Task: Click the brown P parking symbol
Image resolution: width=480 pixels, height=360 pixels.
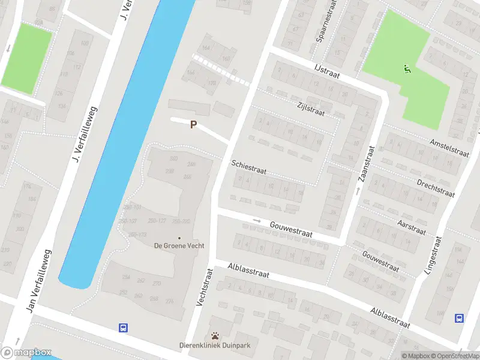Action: (x=193, y=125)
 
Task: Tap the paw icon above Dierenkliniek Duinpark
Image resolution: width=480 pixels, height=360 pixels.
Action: (x=215, y=335)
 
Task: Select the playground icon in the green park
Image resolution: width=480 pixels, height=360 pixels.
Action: (x=408, y=69)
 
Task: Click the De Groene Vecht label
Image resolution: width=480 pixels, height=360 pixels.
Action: (x=178, y=245)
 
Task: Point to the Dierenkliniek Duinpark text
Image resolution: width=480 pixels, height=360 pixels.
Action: (x=214, y=345)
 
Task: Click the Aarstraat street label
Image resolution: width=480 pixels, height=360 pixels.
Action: (x=412, y=227)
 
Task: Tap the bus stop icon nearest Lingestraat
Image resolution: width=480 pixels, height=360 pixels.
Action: (x=460, y=319)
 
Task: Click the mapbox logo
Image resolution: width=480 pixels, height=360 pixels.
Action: (x=26, y=353)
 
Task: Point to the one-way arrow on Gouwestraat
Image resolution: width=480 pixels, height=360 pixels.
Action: (x=257, y=221)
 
